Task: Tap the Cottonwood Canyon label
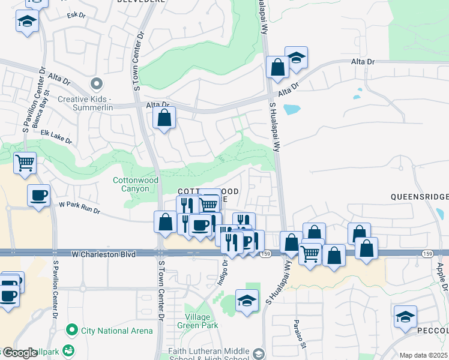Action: (x=131, y=184)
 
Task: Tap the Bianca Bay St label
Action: (x=41, y=123)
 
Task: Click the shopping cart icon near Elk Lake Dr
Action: (x=25, y=163)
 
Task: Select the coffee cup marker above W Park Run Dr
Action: (x=38, y=195)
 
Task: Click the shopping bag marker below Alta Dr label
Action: (x=164, y=118)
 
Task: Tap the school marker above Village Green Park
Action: (x=247, y=301)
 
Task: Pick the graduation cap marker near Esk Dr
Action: (x=27, y=22)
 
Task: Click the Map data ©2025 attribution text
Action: (x=423, y=355)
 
